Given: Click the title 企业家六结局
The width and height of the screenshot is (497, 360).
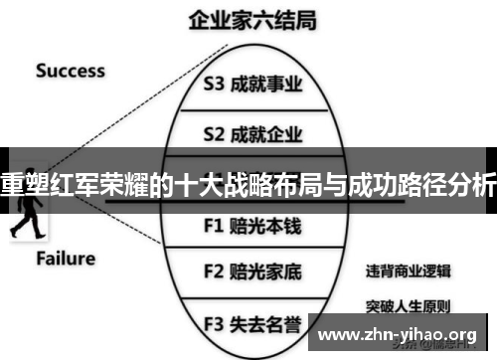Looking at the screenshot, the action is click(x=248, y=20).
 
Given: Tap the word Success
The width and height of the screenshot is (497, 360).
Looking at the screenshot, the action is click(x=70, y=71).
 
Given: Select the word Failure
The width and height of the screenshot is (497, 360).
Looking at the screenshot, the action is click(x=66, y=259).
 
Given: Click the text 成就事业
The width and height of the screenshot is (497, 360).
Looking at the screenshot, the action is click(x=266, y=85).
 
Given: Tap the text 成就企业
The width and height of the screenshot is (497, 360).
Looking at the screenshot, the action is click(x=266, y=132).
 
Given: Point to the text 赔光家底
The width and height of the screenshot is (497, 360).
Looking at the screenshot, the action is click(x=266, y=270).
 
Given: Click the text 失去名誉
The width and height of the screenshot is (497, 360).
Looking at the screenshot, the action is click(x=266, y=322).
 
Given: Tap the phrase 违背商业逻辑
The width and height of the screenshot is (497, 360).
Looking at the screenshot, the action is click(x=408, y=270).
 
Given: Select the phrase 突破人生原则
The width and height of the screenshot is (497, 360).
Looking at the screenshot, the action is click(x=408, y=304).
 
